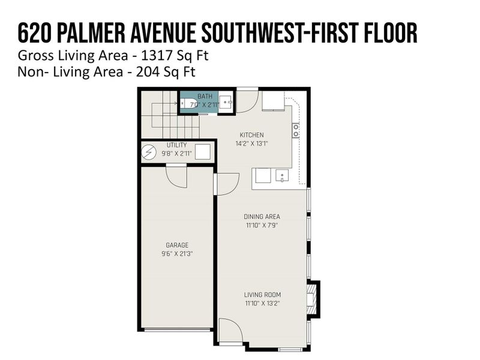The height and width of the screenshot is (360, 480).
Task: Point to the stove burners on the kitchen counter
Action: (295, 130)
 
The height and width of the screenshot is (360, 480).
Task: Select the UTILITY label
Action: (176, 145)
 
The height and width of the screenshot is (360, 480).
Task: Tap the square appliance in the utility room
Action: (203, 152)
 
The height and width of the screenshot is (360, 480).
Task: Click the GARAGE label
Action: (177, 245)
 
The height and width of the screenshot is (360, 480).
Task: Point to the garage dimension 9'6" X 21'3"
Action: (177, 254)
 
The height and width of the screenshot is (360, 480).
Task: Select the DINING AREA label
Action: (262, 217)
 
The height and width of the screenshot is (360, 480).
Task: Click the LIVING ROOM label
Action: (262, 295)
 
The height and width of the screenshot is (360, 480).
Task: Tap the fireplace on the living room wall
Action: (312, 298)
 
